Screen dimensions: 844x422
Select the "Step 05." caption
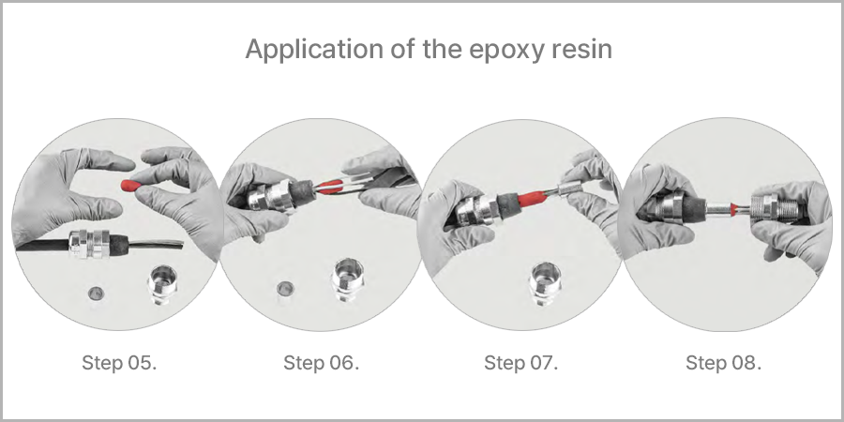(119, 363)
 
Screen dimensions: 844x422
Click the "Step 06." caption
(321, 363)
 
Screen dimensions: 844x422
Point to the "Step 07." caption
(521, 363)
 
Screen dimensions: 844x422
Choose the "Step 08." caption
(723, 363)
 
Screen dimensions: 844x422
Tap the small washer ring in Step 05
(96, 293)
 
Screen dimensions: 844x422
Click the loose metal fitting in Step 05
(162, 283)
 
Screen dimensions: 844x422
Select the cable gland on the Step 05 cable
(89, 244)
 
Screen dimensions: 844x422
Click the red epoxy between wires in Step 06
(328, 187)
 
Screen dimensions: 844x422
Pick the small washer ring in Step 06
(285, 289)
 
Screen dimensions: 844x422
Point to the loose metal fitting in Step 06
(349, 279)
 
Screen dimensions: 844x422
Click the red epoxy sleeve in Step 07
(532, 198)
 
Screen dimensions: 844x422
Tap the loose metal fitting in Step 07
(545, 282)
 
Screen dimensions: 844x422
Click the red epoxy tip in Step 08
(734, 206)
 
